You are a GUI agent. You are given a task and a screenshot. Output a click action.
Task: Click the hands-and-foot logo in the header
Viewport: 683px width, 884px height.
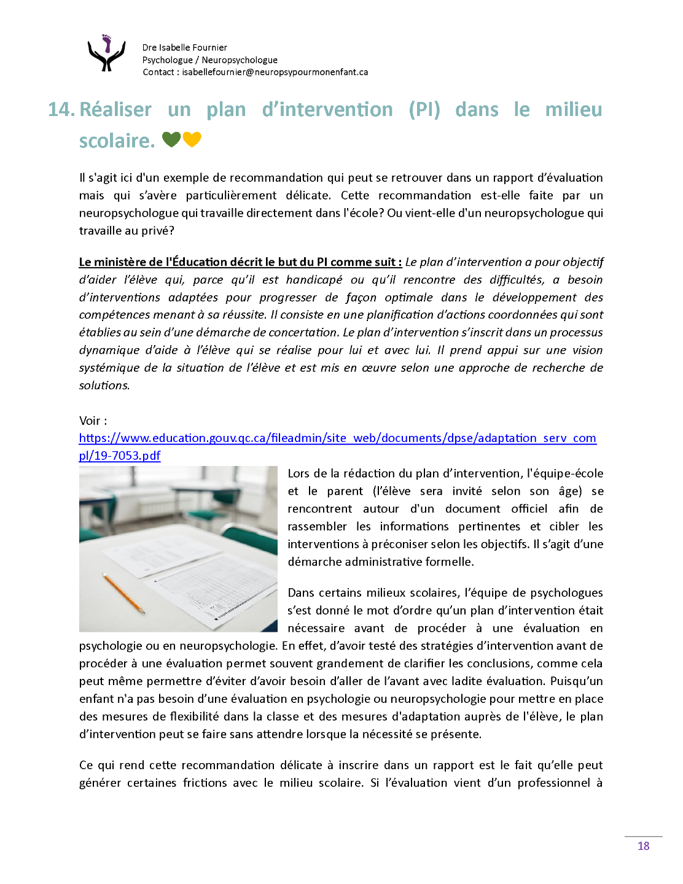click(x=107, y=53)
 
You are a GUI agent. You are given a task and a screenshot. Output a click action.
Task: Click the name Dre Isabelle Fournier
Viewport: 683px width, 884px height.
click(x=184, y=47)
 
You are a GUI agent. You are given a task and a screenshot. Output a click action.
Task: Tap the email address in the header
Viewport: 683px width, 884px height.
click(x=275, y=72)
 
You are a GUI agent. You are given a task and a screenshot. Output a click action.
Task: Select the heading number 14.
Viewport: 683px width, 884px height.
click(x=61, y=109)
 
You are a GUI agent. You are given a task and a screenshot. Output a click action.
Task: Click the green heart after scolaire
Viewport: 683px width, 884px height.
click(x=171, y=139)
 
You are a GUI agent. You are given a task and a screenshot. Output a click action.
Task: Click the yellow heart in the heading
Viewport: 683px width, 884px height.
click(x=192, y=139)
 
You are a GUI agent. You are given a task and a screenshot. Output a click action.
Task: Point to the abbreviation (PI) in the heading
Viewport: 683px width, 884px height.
click(x=424, y=109)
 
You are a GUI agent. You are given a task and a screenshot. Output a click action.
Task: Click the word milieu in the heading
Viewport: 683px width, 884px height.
click(x=574, y=109)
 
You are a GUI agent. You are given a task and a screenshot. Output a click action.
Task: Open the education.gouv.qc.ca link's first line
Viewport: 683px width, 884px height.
click(x=337, y=438)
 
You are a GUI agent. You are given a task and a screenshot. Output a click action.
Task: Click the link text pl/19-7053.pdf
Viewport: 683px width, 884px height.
click(x=120, y=456)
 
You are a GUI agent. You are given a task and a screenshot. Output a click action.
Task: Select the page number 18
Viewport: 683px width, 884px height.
click(x=643, y=846)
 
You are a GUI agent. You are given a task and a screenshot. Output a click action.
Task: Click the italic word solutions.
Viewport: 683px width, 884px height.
click(x=104, y=386)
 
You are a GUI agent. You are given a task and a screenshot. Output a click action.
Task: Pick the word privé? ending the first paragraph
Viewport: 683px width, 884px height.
click(x=159, y=231)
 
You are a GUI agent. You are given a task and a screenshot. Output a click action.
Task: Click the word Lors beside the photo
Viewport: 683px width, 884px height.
click(x=299, y=473)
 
